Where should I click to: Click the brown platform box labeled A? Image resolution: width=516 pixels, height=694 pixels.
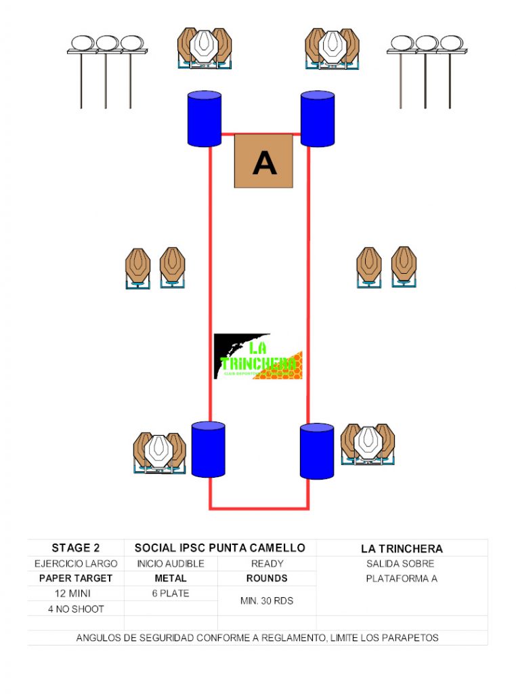(263, 161)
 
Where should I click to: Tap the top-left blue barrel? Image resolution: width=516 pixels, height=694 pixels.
(204, 119)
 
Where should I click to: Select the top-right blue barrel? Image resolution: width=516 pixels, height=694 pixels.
(318, 119)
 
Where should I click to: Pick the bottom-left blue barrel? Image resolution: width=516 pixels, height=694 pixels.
(208, 449)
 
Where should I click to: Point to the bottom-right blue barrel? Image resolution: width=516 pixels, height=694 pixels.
(317, 451)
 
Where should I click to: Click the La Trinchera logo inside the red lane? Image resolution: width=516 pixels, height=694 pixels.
(258, 356)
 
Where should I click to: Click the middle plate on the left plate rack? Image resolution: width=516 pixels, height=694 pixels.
(106, 43)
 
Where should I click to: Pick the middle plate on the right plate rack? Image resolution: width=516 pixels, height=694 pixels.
(426, 43)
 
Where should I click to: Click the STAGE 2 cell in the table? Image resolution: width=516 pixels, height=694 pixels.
(76, 548)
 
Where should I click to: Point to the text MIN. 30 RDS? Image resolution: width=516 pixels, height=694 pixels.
(267, 601)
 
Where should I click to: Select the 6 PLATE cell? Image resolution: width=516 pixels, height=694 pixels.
(170, 594)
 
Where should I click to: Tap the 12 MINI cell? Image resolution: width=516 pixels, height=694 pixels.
(76, 594)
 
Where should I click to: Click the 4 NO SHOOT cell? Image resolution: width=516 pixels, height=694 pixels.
(76, 609)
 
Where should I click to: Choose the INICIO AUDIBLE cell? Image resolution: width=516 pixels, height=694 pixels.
(170, 564)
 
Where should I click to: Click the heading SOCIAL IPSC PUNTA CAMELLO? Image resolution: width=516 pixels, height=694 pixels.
(220, 548)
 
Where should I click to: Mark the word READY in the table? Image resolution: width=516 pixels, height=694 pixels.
(267, 564)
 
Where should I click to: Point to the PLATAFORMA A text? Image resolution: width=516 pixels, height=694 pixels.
(402, 579)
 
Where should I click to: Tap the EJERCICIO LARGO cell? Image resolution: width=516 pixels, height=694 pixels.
(76, 564)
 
